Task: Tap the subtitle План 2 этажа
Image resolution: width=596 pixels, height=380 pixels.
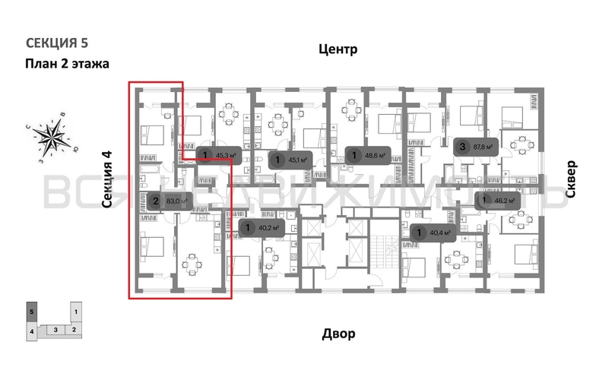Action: pyautogui.click(x=68, y=65)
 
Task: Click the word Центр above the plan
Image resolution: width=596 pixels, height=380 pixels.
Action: pyautogui.click(x=337, y=50)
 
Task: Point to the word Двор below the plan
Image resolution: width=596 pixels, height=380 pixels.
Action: pyautogui.click(x=337, y=333)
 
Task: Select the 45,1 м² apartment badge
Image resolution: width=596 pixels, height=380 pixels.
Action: pyautogui.click(x=291, y=160)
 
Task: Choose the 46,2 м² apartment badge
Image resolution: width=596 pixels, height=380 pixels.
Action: pyautogui.click(x=498, y=201)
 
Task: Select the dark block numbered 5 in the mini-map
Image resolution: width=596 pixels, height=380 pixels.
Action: pyautogui.click(x=31, y=312)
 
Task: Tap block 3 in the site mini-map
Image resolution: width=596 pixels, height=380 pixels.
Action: pyautogui.click(x=55, y=331)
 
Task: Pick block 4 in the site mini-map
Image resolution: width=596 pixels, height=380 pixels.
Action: pyautogui.click(x=31, y=331)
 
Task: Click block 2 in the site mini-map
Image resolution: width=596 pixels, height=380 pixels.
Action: pyautogui.click(x=74, y=330)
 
